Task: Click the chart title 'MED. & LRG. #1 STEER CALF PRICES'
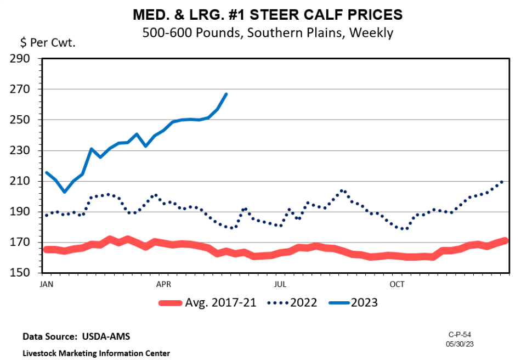[x=267, y=14]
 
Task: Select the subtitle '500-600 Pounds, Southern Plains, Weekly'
[x=267, y=32]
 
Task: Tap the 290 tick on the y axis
[x=24, y=58]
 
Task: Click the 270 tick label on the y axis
[x=24, y=89]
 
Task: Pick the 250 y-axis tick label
[x=24, y=120]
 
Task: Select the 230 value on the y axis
[x=24, y=150]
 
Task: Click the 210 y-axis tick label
[x=24, y=181]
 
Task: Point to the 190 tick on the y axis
[x=24, y=212]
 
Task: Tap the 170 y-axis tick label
[x=24, y=243]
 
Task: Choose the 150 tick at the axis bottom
[x=24, y=273]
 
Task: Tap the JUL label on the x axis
[x=281, y=284]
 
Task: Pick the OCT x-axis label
[x=397, y=284]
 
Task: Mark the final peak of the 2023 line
[x=226, y=94]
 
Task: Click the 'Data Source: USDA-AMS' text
[x=76, y=336]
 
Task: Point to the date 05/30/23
[x=460, y=343]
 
